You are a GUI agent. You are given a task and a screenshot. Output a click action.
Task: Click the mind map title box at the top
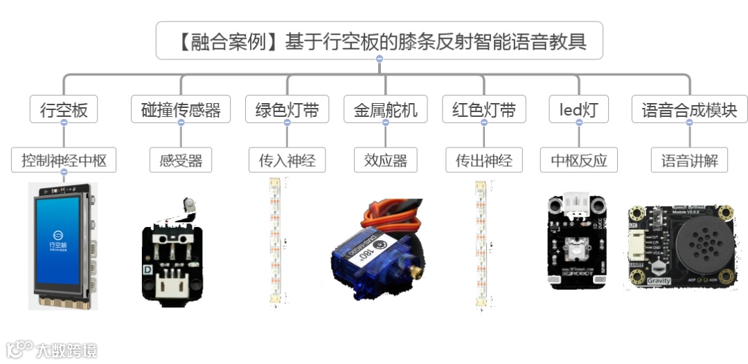(x=379, y=41)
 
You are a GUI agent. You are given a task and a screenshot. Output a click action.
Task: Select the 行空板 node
(x=63, y=109)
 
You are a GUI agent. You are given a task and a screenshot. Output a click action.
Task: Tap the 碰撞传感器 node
(x=181, y=109)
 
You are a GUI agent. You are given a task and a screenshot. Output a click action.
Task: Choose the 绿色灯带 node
(x=287, y=109)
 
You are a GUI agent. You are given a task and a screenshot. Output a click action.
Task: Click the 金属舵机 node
(x=386, y=109)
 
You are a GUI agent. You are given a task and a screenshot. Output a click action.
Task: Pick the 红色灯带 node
(x=483, y=109)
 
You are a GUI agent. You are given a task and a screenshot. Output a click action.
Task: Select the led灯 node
(x=578, y=109)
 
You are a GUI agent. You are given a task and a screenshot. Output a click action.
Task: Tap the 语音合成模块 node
(x=689, y=109)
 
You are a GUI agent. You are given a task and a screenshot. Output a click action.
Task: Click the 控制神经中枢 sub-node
(x=64, y=161)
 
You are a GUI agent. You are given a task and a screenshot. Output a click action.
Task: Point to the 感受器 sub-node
(x=181, y=161)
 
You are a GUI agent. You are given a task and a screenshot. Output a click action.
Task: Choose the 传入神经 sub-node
(x=287, y=161)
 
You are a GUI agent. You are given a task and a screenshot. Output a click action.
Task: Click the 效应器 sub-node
(x=386, y=161)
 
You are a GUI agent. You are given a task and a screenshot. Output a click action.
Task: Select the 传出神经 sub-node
(x=483, y=161)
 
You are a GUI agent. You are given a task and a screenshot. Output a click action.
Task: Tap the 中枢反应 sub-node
(x=578, y=161)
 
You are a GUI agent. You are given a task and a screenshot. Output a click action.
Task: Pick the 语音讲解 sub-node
(x=689, y=161)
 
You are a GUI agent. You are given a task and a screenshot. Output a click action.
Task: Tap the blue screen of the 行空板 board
(x=57, y=239)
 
